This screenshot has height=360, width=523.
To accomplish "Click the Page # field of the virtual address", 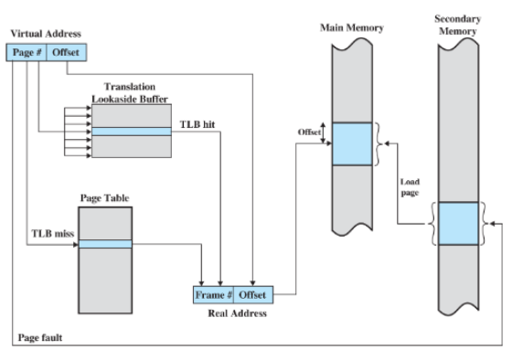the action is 27,52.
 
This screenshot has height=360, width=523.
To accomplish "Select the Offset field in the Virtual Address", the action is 67,52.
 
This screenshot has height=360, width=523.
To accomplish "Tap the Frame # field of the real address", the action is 213,294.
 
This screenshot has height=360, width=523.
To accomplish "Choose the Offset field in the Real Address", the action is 253,294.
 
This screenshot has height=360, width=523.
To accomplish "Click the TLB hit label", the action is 197,124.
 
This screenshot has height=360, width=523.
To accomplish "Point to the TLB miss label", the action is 53,233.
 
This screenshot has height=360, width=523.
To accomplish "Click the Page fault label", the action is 40,338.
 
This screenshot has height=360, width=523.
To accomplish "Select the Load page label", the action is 410,187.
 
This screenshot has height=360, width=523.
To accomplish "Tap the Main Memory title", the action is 352,27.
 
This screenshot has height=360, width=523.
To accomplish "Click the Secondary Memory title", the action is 457,25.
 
